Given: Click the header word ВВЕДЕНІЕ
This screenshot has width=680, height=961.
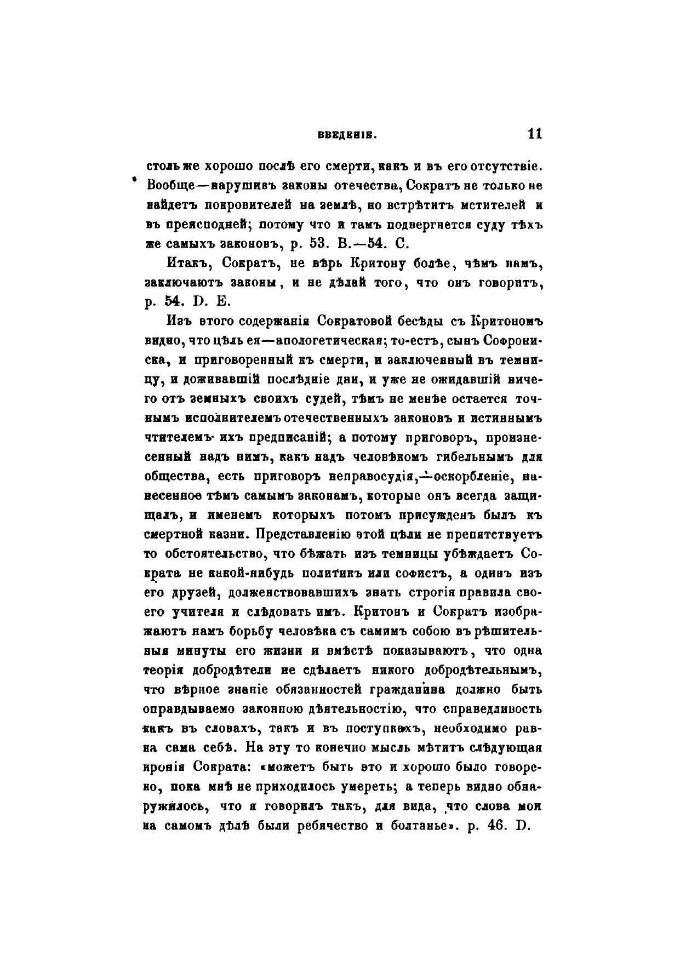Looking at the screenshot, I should [x=346, y=136].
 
